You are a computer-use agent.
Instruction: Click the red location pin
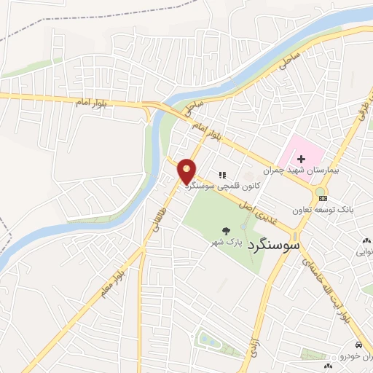pos(187,172)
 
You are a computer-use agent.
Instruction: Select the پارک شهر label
pos(225,240)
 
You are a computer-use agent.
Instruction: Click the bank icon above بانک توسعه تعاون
pos(323,198)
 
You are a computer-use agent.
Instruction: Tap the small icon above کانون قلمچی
pos(223,175)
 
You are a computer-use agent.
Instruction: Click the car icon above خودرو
pos(358,344)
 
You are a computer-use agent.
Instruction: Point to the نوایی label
pos(365,251)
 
